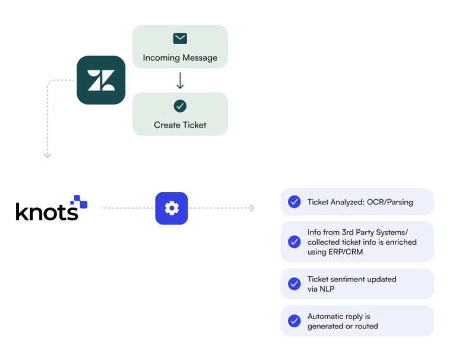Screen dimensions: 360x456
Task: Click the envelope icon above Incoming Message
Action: click(x=180, y=39)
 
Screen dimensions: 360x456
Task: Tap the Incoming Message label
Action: click(x=180, y=58)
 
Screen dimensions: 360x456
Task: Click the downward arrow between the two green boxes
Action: click(x=180, y=80)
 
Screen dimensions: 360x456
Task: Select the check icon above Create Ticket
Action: click(x=180, y=106)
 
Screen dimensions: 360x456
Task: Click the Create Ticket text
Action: click(x=180, y=125)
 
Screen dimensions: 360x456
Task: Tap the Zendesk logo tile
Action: click(x=101, y=80)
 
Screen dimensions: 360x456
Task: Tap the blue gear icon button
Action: click(x=172, y=209)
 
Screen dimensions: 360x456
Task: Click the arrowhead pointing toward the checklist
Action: click(x=252, y=209)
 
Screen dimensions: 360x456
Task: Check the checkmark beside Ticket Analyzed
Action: click(x=294, y=202)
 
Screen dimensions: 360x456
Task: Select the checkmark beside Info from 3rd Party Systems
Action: click(x=294, y=242)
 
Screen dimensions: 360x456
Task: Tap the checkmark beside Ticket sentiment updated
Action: click(x=294, y=283)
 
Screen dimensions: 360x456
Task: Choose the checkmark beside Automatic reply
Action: click(x=294, y=321)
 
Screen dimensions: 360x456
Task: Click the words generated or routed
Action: click(x=343, y=326)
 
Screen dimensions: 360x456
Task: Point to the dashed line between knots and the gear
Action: click(x=127, y=209)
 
